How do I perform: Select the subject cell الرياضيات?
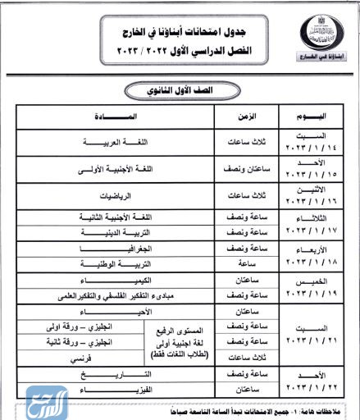pyautogui.click(x=113, y=196)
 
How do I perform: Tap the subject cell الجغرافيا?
pyautogui.click(x=113, y=248)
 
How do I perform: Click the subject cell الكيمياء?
pyautogui.click(x=113, y=281)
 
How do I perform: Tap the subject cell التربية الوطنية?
pyautogui.click(x=113, y=263)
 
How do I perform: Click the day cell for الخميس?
pyautogui.click(x=308, y=287)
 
